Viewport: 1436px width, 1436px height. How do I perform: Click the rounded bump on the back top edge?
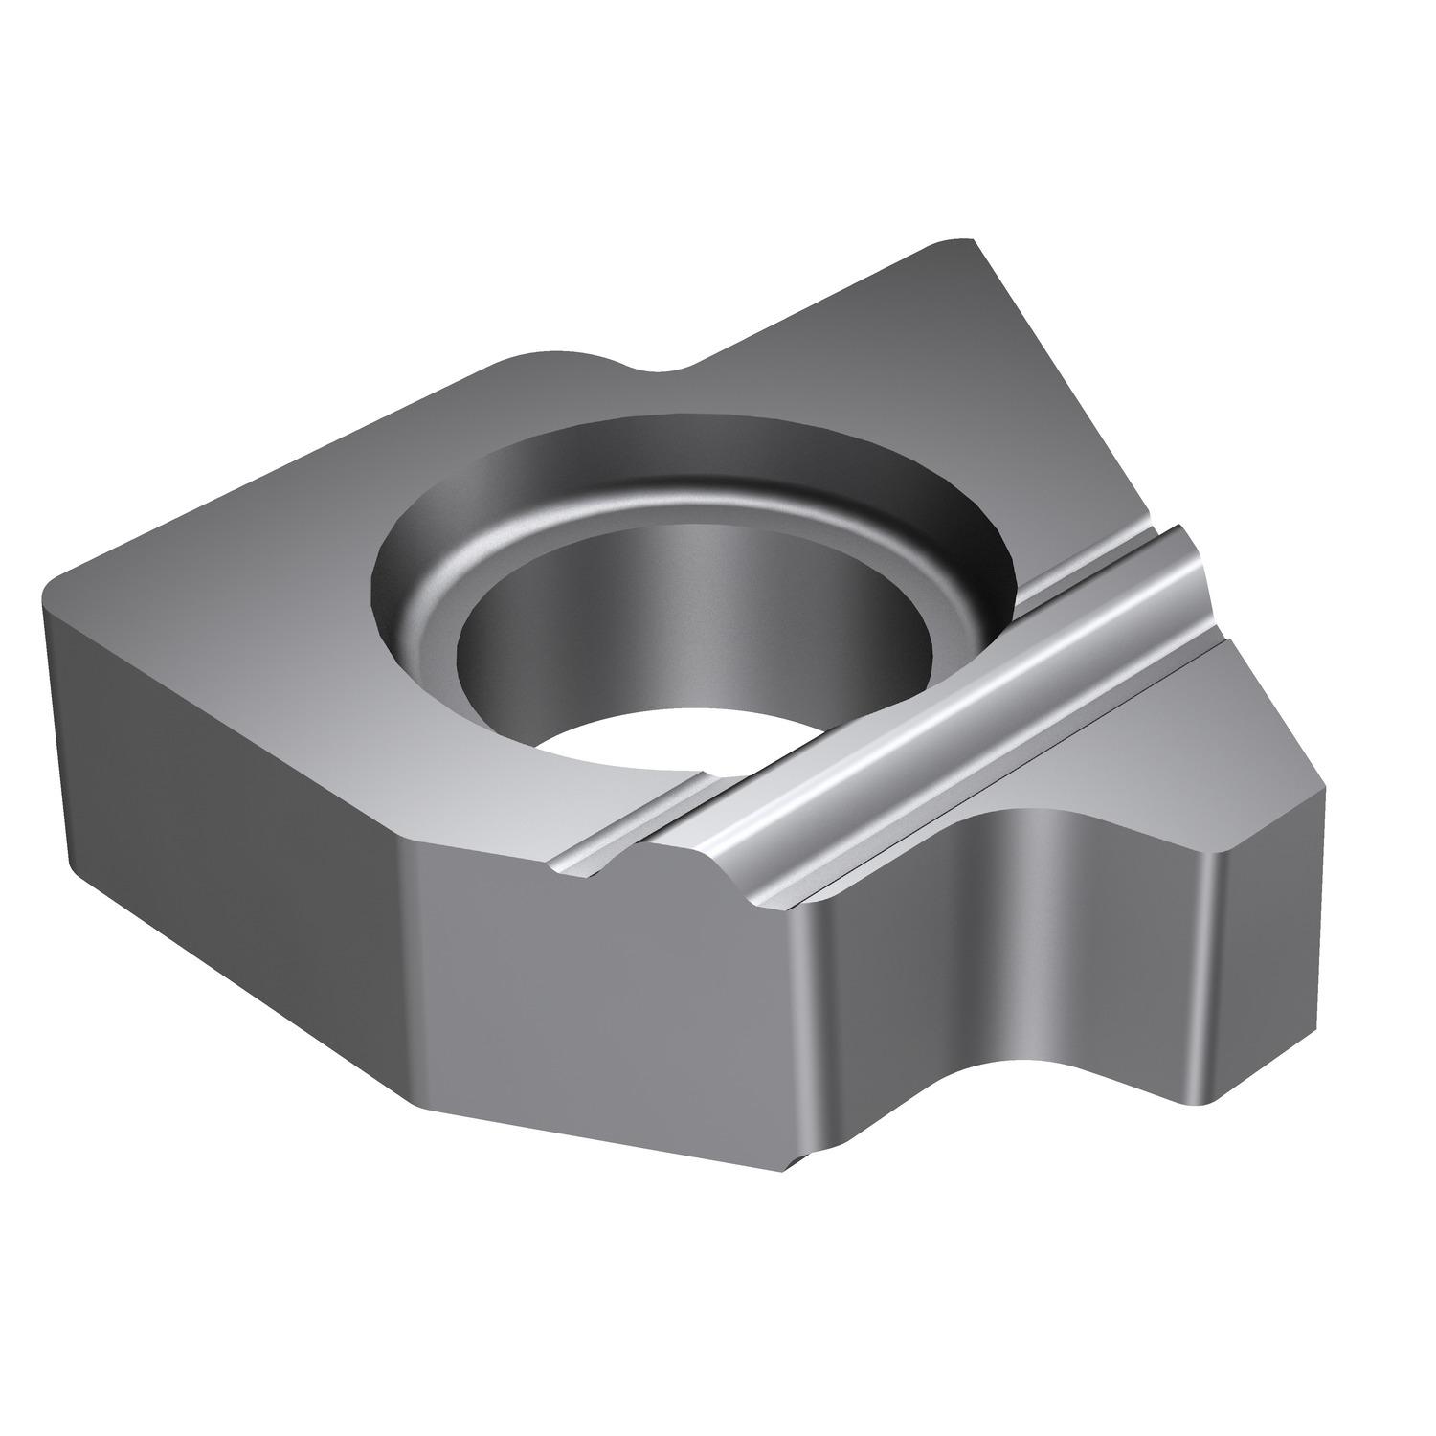point(555,359)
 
